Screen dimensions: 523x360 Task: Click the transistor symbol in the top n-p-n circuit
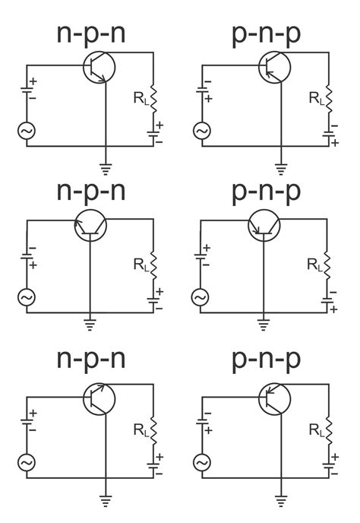point(99,67)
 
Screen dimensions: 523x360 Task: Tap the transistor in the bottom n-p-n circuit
point(99,398)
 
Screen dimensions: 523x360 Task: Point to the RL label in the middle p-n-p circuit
point(314,264)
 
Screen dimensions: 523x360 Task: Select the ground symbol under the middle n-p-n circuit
point(90,325)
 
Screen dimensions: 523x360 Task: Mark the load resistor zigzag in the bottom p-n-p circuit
point(328,430)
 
